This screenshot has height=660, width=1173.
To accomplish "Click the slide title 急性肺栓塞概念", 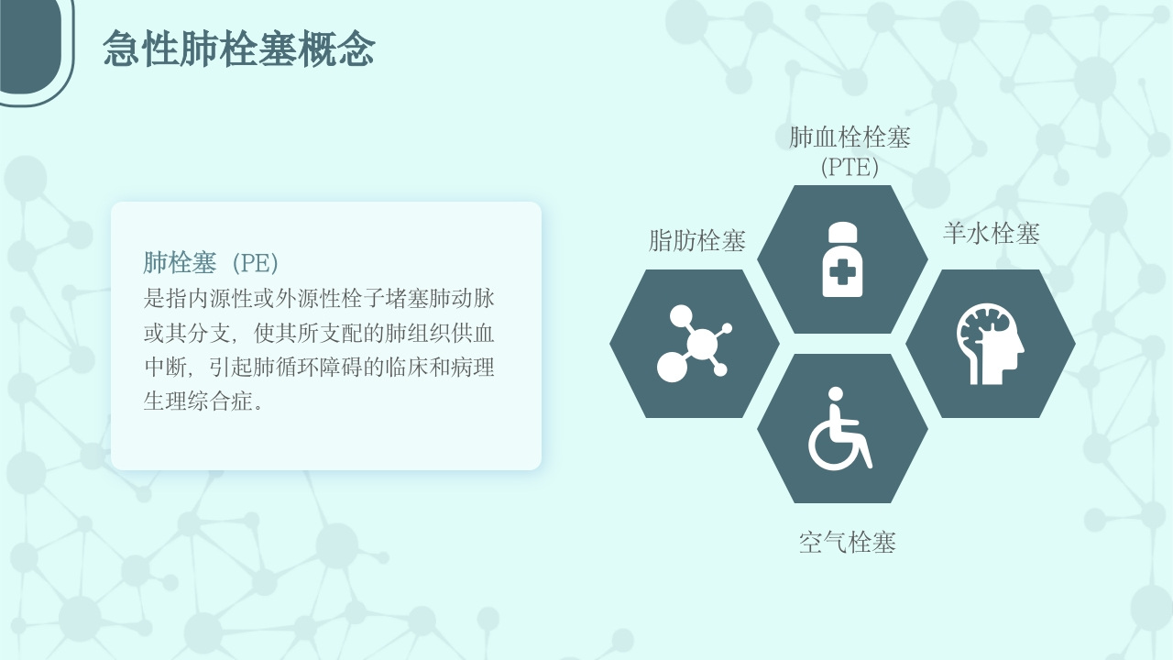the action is [239, 49].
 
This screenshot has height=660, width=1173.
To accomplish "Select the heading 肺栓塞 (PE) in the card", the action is [211, 263].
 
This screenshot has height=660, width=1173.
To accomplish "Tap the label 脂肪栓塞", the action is [697, 241].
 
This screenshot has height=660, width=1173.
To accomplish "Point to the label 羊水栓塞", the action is [992, 234].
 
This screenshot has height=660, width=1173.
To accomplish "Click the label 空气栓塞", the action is [848, 543].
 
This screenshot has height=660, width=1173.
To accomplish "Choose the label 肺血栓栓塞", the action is [850, 137].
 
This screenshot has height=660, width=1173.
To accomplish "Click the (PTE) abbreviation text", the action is [850, 168].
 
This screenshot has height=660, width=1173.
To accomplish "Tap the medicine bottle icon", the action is [842, 259].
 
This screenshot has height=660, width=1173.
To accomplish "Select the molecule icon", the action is [695, 344].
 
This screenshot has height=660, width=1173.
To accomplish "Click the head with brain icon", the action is [991, 344].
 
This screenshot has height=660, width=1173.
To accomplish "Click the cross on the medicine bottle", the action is [842, 273].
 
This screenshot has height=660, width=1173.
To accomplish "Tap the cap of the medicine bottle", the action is [842, 231].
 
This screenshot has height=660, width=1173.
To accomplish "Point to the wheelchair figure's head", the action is [836, 394].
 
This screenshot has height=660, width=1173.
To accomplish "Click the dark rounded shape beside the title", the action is [30, 46].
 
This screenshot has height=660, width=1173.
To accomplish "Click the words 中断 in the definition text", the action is [165, 368].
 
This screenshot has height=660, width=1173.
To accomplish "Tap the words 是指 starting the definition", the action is [165, 299].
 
